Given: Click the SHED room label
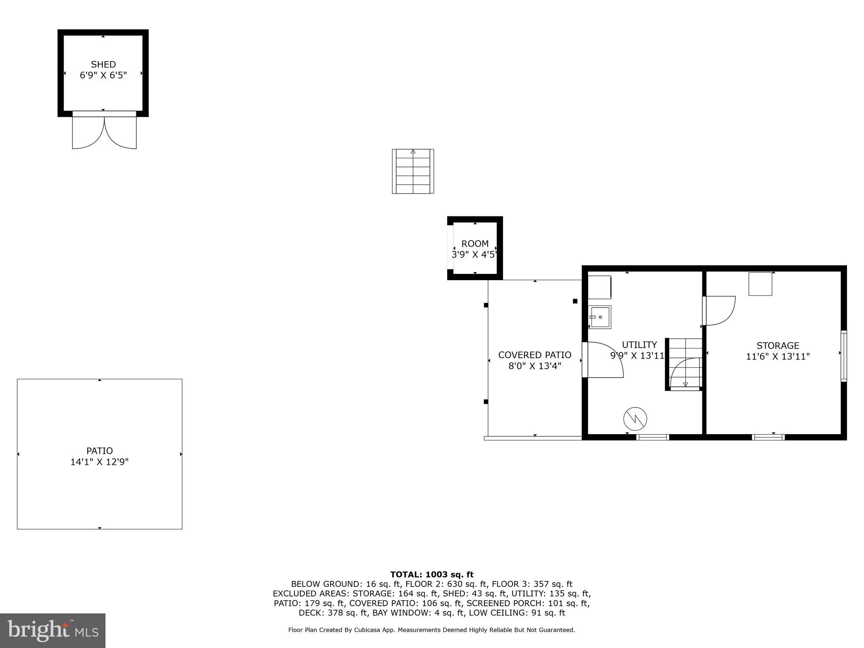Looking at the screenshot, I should click(103, 65).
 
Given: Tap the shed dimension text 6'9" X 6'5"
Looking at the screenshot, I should click(103, 76).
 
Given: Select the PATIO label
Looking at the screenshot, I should click(100, 451).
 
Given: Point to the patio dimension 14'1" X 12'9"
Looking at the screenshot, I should click(100, 462).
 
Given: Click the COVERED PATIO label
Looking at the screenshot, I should click(535, 355).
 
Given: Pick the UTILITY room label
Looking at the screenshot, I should click(639, 345).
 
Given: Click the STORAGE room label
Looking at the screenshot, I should click(778, 346).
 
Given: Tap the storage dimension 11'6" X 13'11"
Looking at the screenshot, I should click(778, 357).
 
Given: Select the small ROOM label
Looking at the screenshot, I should click(475, 244).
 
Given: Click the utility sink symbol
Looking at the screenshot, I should click(600, 317).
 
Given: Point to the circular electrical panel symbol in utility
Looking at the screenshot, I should click(635, 419).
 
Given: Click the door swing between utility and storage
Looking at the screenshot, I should click(720, 310).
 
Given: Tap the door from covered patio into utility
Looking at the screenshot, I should click(603, 359).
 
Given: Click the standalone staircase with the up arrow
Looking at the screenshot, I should click(413, 171).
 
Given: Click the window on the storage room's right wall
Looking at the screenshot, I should click(843, 356).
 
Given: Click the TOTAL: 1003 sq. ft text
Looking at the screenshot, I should click(432, 574).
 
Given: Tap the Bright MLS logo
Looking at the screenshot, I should click(53, 630).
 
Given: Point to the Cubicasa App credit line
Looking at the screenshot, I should click(431, 630).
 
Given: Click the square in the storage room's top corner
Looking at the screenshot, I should click(760, 284).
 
